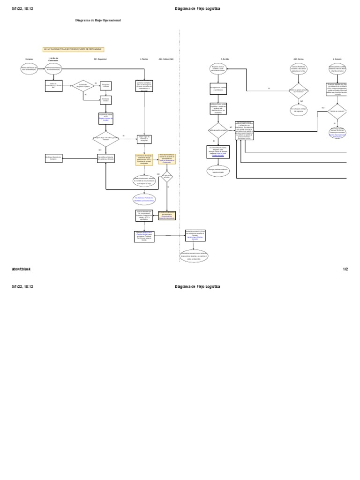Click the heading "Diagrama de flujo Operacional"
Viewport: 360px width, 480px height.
pyautogui.click(x=98, y=21)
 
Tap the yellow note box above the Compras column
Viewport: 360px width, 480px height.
pyautogui.click(x=73, y=49)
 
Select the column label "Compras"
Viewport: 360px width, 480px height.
pyautogui.click(x=29, y=59)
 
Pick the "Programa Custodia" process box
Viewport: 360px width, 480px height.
pyautogui.click(x=105, y=86)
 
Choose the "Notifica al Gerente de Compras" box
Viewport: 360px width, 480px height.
pyautogui.click(x=53, y=158)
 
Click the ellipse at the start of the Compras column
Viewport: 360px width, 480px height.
pyautogui.click(x=29, y=69)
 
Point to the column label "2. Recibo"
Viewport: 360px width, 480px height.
pyautogui.click(x=144, y=59)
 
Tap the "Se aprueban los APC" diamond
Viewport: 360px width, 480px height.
pyautogui.click(x=166, y=178)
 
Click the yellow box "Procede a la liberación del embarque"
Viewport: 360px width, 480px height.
pyautogui.click(x=167, y=216)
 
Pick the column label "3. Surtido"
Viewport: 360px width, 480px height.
pyautogui.click(x=225, y=59)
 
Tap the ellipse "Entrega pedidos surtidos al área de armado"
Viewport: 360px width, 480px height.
pyautogui.click(x=218, y=171)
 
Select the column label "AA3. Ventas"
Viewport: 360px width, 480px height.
pyautogui.click(x=299, y=59)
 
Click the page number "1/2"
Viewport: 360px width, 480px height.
pyautogui.click(x=345, y=270)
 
